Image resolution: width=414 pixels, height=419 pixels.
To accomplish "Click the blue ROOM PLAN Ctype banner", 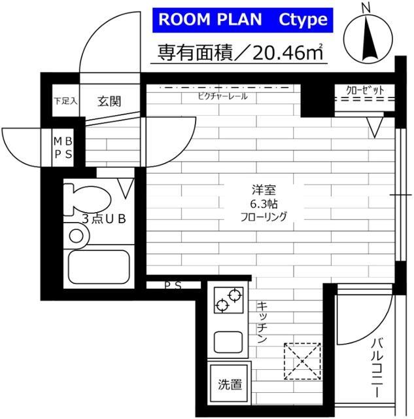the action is pos(243,20).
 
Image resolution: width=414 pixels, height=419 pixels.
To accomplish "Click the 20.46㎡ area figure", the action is pos(288,52).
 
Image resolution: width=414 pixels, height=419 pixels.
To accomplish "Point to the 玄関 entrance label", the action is pos(109,101).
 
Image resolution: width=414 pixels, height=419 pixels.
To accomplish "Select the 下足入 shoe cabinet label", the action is pos(65,101).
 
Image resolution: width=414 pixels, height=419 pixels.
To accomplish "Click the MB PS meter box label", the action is pos(63,148).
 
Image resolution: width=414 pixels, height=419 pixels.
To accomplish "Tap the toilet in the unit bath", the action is pos(87,199).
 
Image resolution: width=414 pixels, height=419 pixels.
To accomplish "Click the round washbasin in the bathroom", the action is pos(76,236).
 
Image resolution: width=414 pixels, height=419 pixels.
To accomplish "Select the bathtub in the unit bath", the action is pos(99,267).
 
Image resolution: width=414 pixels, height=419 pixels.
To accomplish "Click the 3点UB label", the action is pos(104,219).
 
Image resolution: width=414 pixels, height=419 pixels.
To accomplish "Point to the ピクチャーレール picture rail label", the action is pos(222,96).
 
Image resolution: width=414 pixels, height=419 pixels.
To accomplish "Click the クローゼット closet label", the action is pos(365,90).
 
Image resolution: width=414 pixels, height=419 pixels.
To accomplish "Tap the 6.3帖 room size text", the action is pos(264,204).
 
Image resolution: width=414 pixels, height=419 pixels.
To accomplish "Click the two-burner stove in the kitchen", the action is pos(229,300).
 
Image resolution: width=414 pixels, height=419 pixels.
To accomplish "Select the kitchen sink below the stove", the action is pos(228,342).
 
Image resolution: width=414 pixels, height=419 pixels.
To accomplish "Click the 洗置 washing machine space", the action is pos(230,383).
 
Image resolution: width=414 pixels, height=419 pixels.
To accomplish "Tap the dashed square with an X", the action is pos(302,361).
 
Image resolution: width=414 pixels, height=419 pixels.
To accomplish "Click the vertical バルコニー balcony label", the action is pos(377,367).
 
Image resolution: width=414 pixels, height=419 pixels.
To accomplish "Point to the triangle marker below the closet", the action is pos(375,128).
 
